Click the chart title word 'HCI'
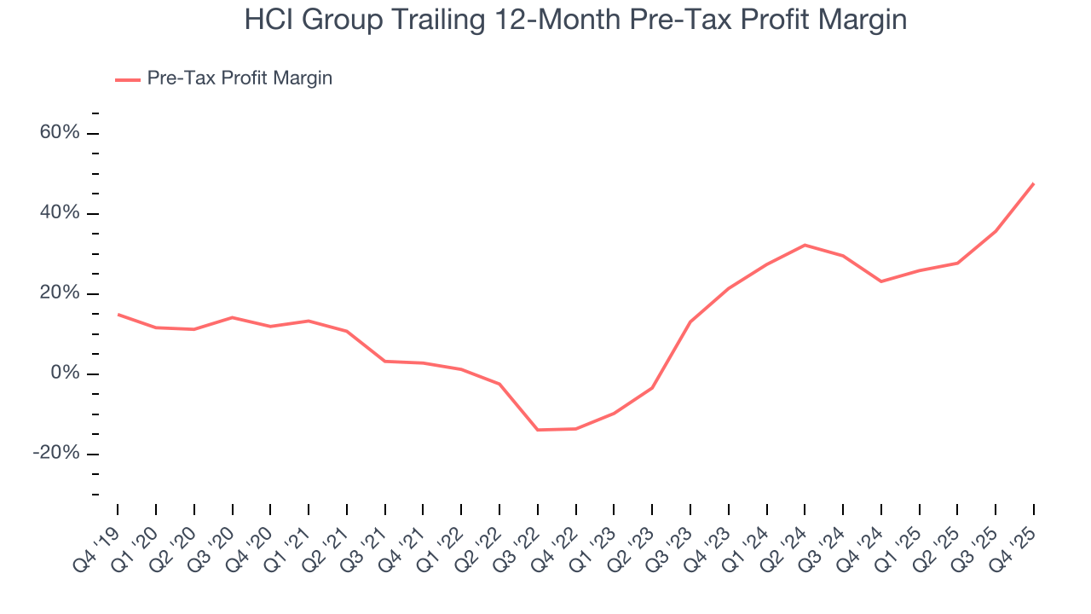pos(269,20)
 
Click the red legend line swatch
pos(128,79)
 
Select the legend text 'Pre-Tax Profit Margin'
pos(240,78)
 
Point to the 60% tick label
pos(60,133)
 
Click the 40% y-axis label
pos(60,213)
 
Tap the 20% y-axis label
pos(60,293)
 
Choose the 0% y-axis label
pos(65,374)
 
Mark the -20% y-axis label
pos(56,454)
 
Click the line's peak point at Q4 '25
pos(1033,183)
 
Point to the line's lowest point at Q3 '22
pos(538,430)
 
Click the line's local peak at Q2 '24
pos(805,245)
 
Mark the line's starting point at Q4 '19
pos(118,314)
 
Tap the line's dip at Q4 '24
pos(880,281)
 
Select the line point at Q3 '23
pos(690,321)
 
